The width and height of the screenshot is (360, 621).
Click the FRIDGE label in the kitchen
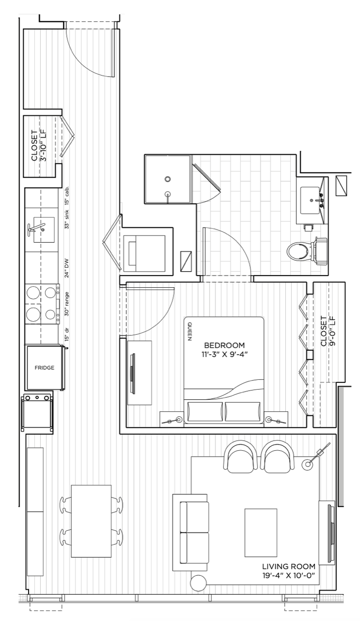[x=44, y=368]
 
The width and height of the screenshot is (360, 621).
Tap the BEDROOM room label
[x=224, y=345]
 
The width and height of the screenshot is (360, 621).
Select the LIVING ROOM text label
[x=289, y=566]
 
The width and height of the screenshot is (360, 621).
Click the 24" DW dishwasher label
[x=66, y=268]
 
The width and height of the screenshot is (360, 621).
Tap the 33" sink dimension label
[x=66, y=219]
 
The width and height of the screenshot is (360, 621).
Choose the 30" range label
[x=66, y=304]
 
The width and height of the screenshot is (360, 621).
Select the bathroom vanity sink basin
[x=310, y=200]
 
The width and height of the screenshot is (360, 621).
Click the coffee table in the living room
[x=261, y=533]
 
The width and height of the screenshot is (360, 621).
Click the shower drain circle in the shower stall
[x=167, y=179]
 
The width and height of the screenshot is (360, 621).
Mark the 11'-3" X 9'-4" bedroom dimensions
[x=224, y=354]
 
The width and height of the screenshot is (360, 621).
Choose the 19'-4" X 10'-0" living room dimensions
[x=289, y=575]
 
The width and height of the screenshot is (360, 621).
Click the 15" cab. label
[x=66, y=196]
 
